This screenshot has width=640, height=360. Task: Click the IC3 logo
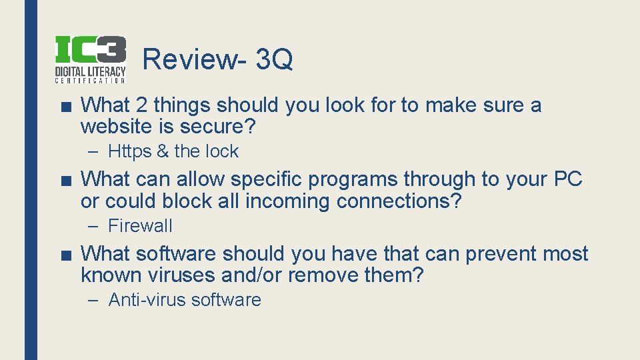coord(90,59)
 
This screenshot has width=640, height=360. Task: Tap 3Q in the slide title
coord(274,59)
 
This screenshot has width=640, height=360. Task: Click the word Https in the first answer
coord(130,151)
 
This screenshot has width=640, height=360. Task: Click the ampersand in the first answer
coord(163,151)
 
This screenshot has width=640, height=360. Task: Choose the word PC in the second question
coord(567,179)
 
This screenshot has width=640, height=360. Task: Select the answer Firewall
coord(140,226)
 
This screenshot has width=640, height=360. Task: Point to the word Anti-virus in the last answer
coord(147,300)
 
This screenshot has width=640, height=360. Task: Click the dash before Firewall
coord(95,226)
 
